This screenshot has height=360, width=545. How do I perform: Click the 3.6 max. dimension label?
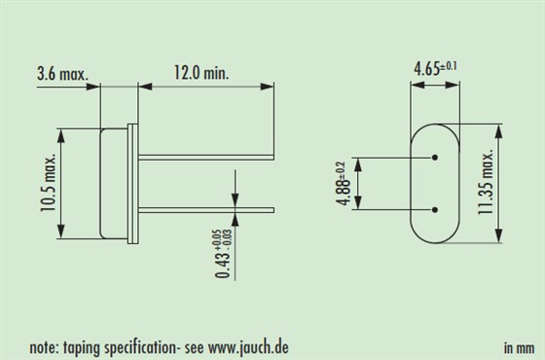[63, 74]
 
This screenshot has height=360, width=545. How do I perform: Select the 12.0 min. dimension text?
[201, 73]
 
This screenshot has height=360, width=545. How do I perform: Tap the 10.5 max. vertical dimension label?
[48, 183]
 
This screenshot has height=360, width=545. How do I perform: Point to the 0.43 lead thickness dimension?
[223, 254]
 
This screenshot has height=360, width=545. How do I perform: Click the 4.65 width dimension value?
[426, 69]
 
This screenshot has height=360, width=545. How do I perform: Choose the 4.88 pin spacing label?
[343, 184]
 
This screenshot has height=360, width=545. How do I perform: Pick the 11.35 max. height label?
[486, 183]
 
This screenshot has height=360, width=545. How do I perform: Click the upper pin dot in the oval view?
[435, 158]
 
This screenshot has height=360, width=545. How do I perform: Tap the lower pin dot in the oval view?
[435, 210]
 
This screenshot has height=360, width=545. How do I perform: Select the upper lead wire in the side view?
[206, 158]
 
